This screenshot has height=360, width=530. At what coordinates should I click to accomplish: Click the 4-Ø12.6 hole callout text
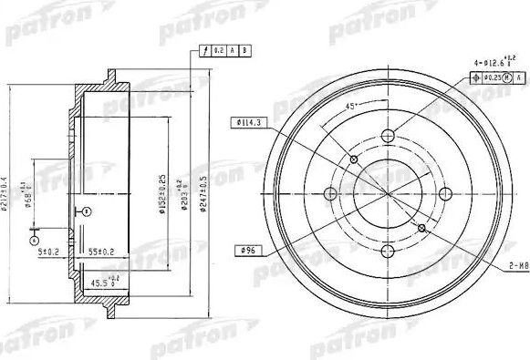[x=492, y=64]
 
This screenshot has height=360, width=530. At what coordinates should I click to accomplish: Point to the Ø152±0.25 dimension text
[x=162, y=192]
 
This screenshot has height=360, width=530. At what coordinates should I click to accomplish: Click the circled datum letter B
[x=85, y=211]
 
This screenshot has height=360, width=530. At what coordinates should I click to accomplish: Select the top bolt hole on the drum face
[x=388, y=137]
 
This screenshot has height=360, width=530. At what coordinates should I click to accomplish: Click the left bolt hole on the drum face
[x=331, y=193]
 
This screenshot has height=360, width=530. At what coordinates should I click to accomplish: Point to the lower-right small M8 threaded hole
[x=421, y=228]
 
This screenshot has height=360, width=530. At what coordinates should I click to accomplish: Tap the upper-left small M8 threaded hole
[x=354, y=160]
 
